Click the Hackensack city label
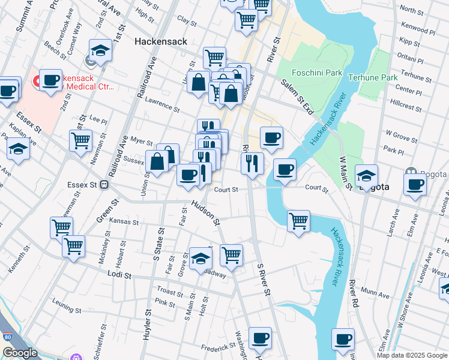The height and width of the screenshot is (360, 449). (161, 41)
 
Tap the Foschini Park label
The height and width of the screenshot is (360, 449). (317, 73)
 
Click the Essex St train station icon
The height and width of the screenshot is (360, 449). (104, 185)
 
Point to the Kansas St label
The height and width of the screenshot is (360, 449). (124, 221)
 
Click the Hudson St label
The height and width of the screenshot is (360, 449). (206, 213)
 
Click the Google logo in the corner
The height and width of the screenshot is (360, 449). (20, 353)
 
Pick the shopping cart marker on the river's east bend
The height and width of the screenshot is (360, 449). (298, 220)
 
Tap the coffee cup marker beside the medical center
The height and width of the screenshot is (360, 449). (51, 80)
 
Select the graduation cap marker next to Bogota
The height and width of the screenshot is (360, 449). (366, 175)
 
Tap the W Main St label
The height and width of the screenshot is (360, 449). (345, 172)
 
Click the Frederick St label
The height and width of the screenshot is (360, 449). (217, 347)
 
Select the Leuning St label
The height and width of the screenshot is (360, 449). (65, 310)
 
